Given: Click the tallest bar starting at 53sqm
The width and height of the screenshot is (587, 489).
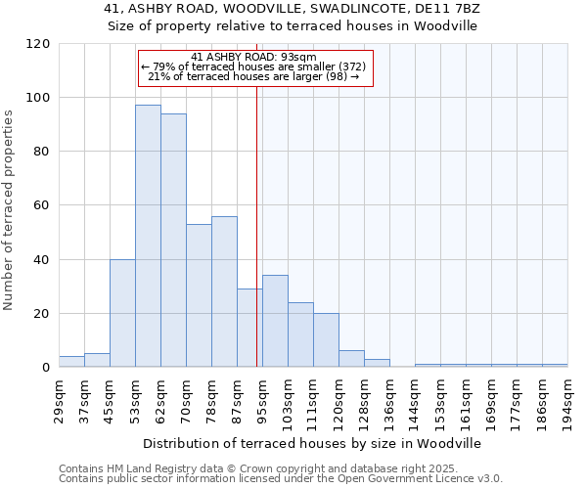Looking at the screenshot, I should (148, 236).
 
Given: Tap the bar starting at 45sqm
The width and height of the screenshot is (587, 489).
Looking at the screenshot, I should (122, 313).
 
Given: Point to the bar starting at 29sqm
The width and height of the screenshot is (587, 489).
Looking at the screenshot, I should (71, 362).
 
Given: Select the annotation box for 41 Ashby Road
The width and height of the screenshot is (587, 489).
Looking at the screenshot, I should (256, 67).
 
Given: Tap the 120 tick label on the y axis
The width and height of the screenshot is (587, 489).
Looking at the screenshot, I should (39, 44).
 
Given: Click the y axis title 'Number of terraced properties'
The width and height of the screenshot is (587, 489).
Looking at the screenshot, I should (9, 209).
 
